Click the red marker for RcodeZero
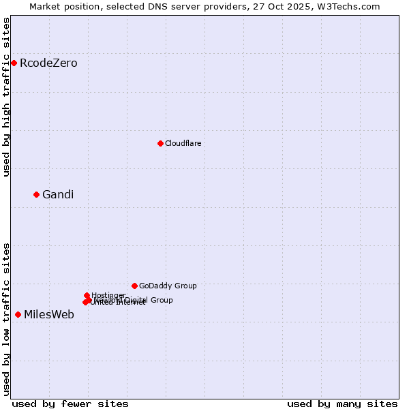(x=14, y=63)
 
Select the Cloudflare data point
(x=160, y=143)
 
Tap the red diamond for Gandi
(x=36, y=194)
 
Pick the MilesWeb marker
(x=18, y=314)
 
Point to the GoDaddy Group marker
(x=134, y=286)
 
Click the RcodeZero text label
(x=48, y=63)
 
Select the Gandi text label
(x=58, y=195)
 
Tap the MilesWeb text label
(x=49, y=315)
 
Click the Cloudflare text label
(x=183, y=144)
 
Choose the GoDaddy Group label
(x=168, y=286)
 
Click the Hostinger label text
(x=108, y=295)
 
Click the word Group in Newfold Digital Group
(x=161, y=300)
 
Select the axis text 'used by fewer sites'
(x=70, y=404)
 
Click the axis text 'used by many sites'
(x=342, y=404)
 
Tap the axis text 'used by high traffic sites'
(x=7, y=97)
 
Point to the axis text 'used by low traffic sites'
(x=7, y=319)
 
